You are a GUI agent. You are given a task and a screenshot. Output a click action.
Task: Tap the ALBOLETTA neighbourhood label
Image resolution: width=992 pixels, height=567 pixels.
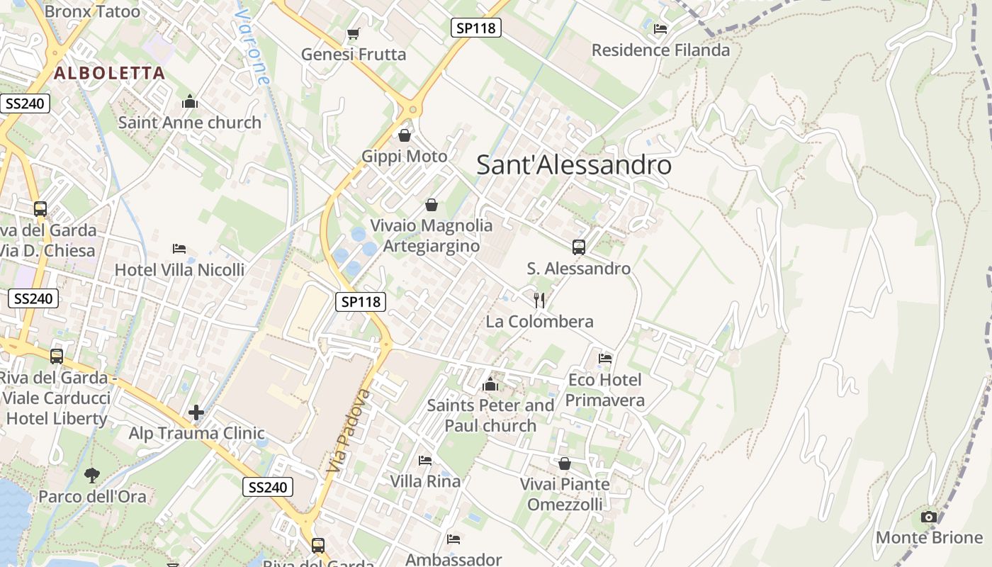[x=109, y=72]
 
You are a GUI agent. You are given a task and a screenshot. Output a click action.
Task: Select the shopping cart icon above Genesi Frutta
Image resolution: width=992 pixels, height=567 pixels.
[x=353, y=34]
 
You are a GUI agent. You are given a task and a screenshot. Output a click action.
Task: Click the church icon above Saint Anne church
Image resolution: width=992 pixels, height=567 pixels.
[x=189, y=102]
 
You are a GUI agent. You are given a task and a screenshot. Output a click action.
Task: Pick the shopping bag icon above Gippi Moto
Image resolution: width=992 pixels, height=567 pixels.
[x=405, y=135]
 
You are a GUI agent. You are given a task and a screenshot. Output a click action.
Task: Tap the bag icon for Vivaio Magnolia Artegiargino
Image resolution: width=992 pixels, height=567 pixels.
[x=432, y=206]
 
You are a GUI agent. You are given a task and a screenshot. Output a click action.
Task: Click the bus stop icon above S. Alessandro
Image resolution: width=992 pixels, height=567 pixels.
[x=579, y=247]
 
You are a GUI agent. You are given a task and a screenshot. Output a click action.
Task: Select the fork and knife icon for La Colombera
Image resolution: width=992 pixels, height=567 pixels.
[x=539, y=301]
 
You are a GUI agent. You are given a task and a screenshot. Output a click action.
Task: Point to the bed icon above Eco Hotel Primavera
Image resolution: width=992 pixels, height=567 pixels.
[x=605, y=359]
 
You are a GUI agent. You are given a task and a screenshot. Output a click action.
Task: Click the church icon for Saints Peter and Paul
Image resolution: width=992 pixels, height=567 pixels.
[x=490, y=385]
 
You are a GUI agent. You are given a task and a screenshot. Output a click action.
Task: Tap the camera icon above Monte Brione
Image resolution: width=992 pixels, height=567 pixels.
[x=929, y=517]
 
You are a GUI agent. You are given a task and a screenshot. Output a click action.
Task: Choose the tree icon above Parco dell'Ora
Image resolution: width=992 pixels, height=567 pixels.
[x=92, y=475]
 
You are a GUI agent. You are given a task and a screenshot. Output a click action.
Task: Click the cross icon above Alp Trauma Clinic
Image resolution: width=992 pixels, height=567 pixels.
[x=196, y=412]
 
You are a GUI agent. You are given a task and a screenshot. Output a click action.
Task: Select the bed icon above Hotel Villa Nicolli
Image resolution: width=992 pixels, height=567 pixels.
[x=179, y=249]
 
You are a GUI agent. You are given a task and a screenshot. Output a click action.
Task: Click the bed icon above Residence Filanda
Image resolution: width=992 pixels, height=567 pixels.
[x=660, y=29]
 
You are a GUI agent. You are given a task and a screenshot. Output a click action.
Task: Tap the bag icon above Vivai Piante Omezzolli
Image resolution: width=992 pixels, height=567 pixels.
[x=565, y=464]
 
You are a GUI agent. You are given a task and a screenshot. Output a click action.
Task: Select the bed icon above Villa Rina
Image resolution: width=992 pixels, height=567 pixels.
[x=425, y=461]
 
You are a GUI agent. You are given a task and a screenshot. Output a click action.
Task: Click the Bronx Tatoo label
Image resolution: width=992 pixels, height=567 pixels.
[x=92, y=11]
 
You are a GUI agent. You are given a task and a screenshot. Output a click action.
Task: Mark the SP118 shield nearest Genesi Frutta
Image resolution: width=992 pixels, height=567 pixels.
[x=476, y=28]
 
